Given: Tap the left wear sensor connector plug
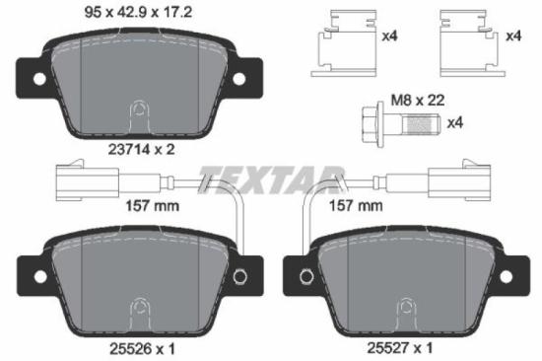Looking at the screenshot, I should click(76, 180).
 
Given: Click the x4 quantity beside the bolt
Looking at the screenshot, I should click(454, 123).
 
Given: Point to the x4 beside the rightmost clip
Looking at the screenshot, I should click(512, 36).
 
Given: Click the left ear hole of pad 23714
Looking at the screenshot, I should click(37, 79).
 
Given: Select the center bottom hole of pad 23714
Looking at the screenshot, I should click(139, 108).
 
